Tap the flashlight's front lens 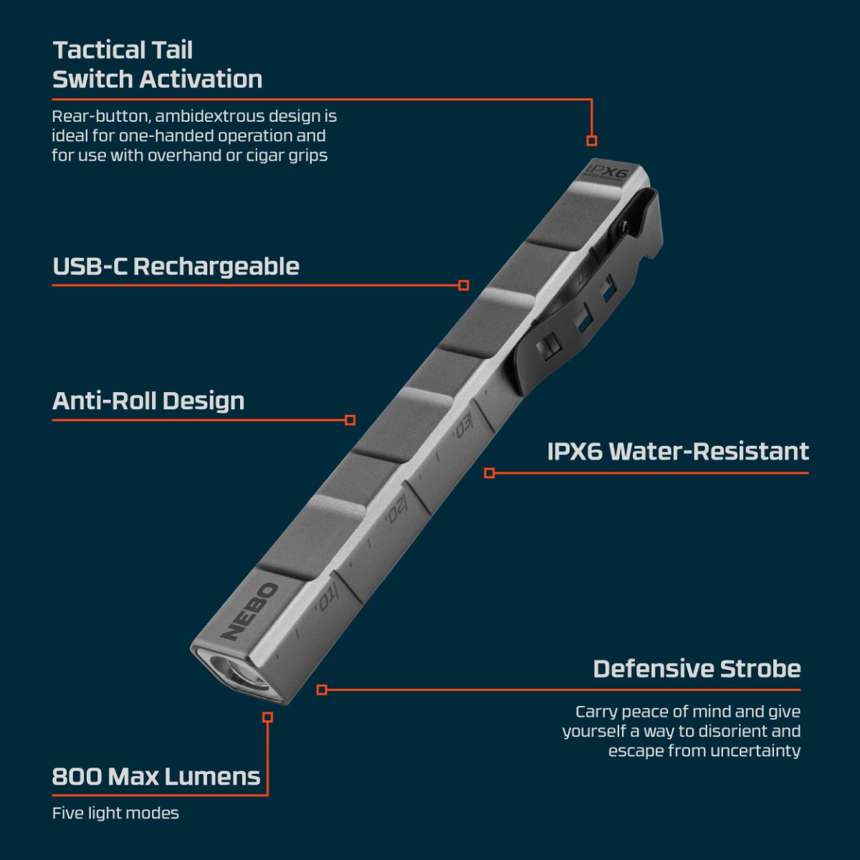(x=239, y=674)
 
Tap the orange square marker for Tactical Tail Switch (x=592, y=140)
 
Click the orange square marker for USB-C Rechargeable (x=464, y=285)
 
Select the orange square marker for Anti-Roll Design (x=350, y=420)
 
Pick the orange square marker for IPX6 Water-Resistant (x=489, y=473)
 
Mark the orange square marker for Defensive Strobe (x=322, y=689)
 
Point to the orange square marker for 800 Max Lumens (x=268, y=717)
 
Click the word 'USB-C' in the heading (x=90, y=267)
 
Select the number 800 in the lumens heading (x=77, y=777)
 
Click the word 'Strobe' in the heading (x=760, y=669)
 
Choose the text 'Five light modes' (x=115, y=813)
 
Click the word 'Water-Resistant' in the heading (x=709, y=451)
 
